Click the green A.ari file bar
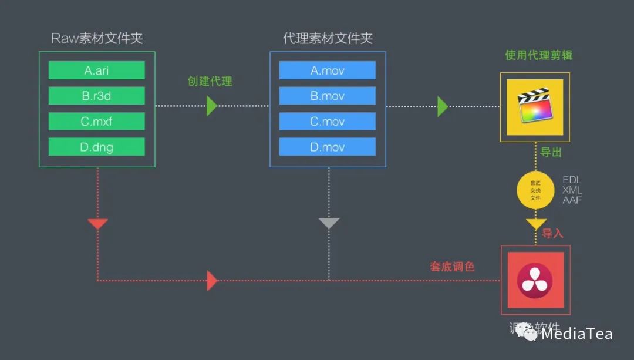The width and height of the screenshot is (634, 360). pyautogui.click(x=96, y=70)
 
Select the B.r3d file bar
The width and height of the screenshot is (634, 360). pyautogui.click(x=96, y=96)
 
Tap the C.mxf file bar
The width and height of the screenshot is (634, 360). pyautogui.click(x=96, y=121)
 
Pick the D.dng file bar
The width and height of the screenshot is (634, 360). pyautogui.click(x=96, y=147)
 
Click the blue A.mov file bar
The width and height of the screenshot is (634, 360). pyautogui.click(x=328, y=70)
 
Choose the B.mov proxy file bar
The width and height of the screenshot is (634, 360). pyautogui.click(x=328, y=96)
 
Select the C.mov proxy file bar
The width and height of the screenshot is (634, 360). pyautogui.click(x=328, y=121)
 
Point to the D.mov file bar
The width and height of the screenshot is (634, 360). pyautogui.click(x=328, y=147)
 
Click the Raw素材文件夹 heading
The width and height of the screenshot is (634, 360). pyautogui.click(x=97, y=39)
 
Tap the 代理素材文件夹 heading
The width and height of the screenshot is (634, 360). pyautogui.click(x=328, y=39)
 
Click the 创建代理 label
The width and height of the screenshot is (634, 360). pyautogui.click(x=210, y=81)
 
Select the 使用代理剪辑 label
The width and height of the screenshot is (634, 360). pyautogui.click(x=538, y=55)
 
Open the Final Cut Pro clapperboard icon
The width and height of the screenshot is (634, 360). pyautogui.click(x=535, y=107)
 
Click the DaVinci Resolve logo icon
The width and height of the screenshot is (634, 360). pyautogui.click(x=534, y=280)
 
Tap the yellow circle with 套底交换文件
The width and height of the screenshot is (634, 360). pyautogui.click(x=535, y=190)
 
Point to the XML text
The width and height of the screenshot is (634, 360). pyautogui.click(x=572, y=190)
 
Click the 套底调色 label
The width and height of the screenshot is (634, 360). pyautogui.click(x=452, y=267)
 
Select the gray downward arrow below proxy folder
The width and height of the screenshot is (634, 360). pyautogui.click(x=329, y=224)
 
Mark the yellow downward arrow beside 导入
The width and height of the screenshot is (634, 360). pyautogui.click(x=535, y=224)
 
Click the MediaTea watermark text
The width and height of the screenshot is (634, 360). pyautogui.click(x=576, y=334)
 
